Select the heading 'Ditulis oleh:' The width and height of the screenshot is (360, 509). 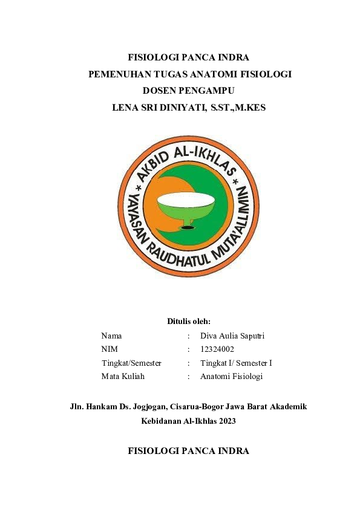tap(188, 321)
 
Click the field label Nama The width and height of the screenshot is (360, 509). tap(111, 336)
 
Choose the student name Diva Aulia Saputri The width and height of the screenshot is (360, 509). tap(232, 336)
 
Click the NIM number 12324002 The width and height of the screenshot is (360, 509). tap(217, 349)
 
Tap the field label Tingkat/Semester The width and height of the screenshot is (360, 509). tap(131, 363)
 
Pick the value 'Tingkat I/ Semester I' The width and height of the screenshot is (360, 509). tap(236, 363)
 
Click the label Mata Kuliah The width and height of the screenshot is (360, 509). tap(123, 376)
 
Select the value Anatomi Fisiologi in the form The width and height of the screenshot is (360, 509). tap(231, 376)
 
